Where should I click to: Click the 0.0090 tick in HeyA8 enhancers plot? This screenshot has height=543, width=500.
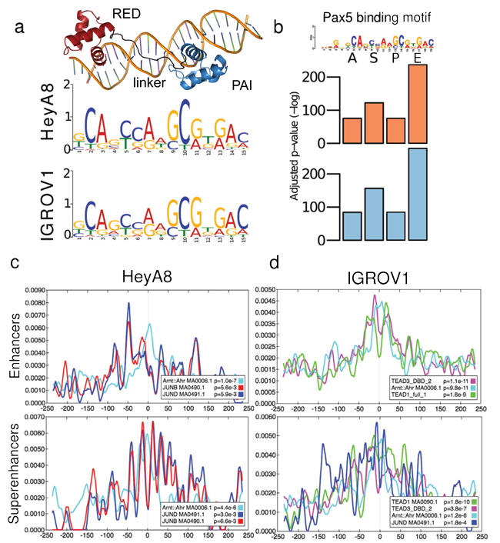(29, 290)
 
